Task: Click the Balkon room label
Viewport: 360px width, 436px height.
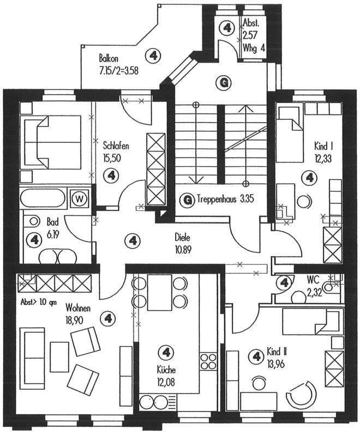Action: pos(109,58)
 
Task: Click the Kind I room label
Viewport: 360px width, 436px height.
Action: pos(323,146)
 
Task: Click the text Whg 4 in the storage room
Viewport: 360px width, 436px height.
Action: pos(254,48)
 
